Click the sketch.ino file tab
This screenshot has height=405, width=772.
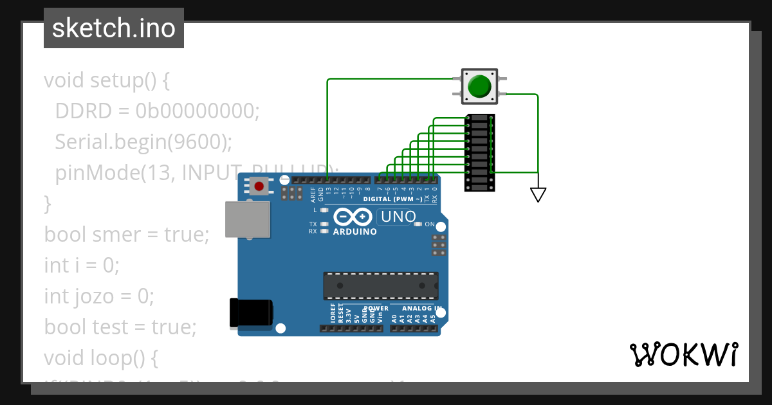(114, 28)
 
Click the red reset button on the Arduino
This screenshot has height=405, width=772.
(259, 186)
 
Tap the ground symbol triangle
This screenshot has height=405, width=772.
(538, 194)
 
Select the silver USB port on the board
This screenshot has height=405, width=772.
(248, 219)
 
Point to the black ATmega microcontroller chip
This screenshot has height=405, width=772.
(381, 285)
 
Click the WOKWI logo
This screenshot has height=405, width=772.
(684, 354)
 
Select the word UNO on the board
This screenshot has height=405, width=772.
(398, 217)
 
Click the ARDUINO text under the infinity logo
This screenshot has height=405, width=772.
(354, 231)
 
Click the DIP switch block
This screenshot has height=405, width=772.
(480, 153)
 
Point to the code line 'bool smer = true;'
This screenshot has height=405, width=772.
(127, 235)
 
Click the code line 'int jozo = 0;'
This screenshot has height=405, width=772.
(99, 296)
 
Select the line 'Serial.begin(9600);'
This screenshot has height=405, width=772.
(143, 142)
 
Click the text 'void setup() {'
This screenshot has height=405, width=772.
(107, 81)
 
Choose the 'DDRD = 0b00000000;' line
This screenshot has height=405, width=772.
(157, 111)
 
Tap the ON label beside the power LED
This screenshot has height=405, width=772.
(430, 224)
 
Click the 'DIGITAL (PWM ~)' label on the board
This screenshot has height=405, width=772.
(392, 199)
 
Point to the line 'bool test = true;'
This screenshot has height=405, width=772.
(120, 327)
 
